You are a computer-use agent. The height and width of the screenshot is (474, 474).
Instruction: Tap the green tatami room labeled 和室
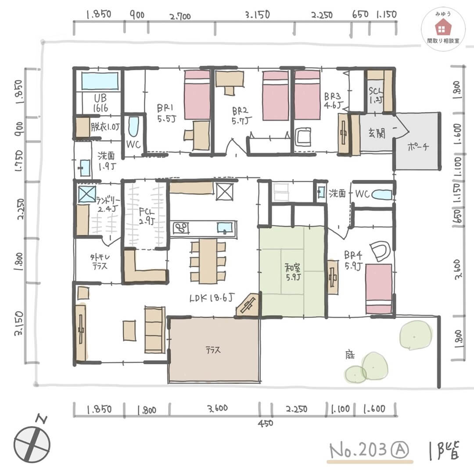(292, 272)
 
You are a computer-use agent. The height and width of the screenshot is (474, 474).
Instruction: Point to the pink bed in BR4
(379, 289)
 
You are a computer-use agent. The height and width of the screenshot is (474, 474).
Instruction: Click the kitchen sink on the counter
(225, 228)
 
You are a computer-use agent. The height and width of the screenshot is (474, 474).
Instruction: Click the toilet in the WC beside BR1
(133, 127)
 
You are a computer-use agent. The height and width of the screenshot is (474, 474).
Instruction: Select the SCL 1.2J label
(376, 93)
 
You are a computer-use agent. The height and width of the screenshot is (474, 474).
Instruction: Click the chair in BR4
(380, 251)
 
